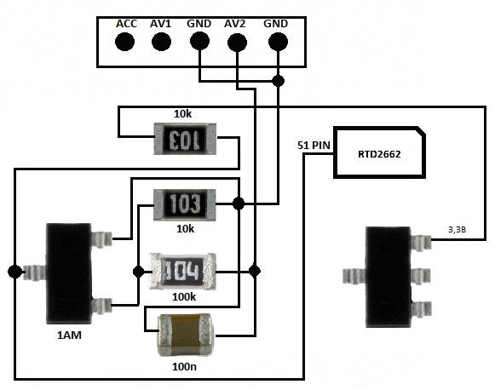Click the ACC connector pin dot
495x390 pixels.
tap(125, 42)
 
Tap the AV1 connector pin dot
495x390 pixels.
tap(161, 42)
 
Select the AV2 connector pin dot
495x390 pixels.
tap(237, 42)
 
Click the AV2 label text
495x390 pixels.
tap(234, 24)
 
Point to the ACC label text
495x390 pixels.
tap(127, 24)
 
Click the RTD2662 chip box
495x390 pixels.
tap(379, 152)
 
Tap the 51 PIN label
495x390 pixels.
tap(314, 146)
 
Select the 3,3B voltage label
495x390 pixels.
tap(458, 230)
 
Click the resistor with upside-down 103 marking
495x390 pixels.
tap(185, 139)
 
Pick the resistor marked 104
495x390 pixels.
tap(182, 271)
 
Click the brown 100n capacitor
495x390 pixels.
tap(185, 336)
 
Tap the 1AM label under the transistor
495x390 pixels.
tap(70, 336)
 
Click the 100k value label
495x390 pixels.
tap(184, 297)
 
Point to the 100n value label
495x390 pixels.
tap(184, 367)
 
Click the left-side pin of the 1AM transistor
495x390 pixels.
tap(34, 272)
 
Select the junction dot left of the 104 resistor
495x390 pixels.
tap(139, 272)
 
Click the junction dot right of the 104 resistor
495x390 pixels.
tap(255, 271)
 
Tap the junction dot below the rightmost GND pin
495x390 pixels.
tap(278, 81)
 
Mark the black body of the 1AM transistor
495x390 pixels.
tap(69, 273)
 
